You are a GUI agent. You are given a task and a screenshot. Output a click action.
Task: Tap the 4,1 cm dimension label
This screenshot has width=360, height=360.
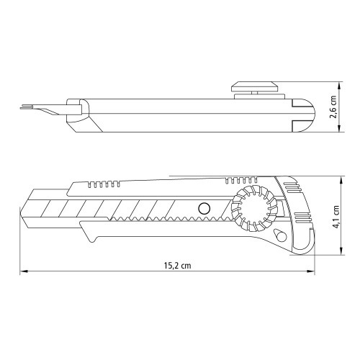[336, 215]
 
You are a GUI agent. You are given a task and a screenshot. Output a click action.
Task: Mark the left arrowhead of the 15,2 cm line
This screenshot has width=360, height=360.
[22, 271]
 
